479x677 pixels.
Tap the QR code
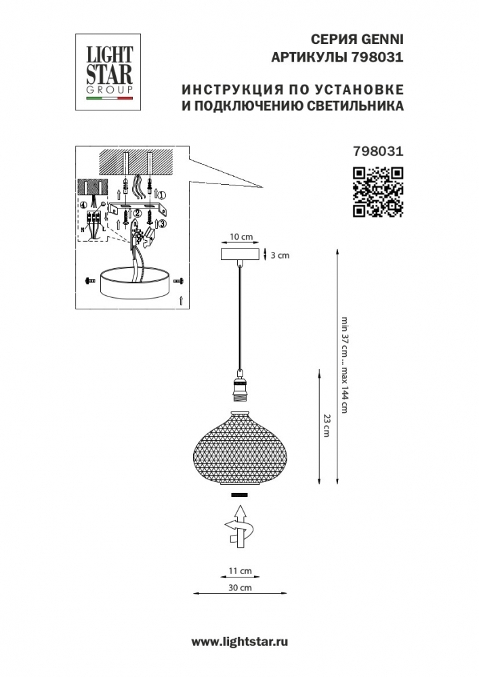378,192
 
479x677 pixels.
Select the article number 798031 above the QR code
378,151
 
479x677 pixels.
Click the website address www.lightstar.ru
239,642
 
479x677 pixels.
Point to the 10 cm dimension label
241,236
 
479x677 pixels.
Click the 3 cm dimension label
280,255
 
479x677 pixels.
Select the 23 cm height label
327,425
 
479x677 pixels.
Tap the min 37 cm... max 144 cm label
344,365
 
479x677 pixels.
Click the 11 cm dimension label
240,571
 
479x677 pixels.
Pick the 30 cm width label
240,587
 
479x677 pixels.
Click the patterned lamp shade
240,449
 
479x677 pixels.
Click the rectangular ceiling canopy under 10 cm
239,255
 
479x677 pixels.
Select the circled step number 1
162,194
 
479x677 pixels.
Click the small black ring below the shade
240,495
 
